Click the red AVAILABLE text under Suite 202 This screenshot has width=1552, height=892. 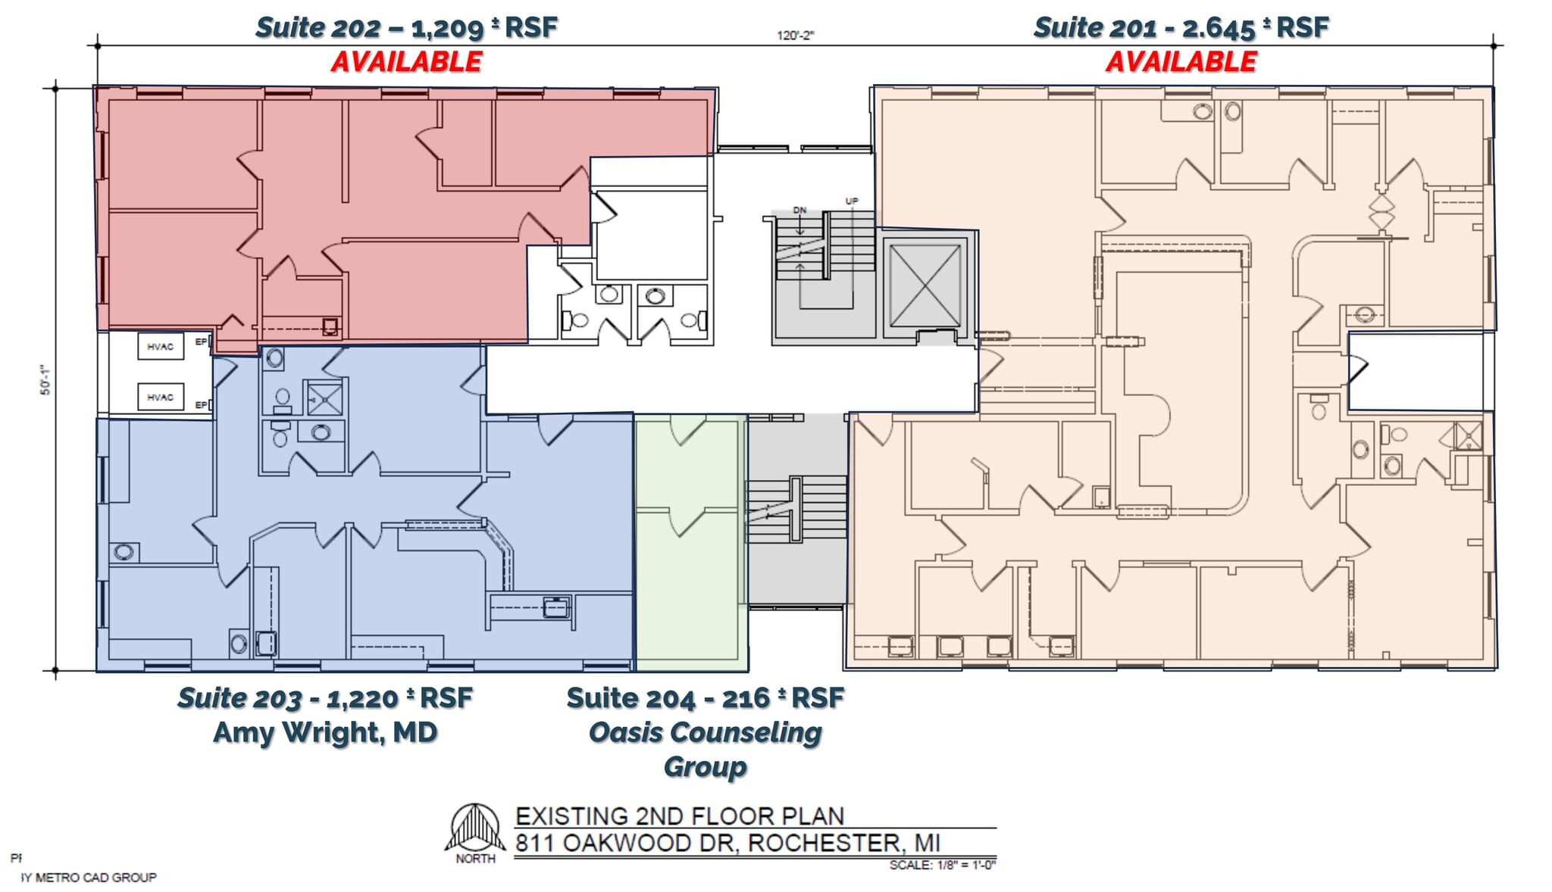406,61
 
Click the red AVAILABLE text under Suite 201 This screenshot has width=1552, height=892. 1181,61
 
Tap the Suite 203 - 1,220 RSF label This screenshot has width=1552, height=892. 325,697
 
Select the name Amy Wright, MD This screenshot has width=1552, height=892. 325,732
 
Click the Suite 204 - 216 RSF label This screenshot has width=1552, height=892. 705,697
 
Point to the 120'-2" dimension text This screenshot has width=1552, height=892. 795,35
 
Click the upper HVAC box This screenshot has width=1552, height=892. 160,347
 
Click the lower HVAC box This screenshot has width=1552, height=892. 160,397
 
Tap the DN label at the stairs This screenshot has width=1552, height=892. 799,210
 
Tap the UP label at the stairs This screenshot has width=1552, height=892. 852,201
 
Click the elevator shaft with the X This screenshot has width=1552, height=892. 925,285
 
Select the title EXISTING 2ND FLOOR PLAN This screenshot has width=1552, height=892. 679,816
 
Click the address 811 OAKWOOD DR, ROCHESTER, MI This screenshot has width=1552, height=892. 727,843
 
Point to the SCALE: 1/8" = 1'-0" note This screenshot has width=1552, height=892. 942,865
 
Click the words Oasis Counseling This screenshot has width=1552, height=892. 705,732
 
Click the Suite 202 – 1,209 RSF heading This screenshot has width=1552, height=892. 406,28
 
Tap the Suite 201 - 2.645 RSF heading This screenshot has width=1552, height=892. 1181,28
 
